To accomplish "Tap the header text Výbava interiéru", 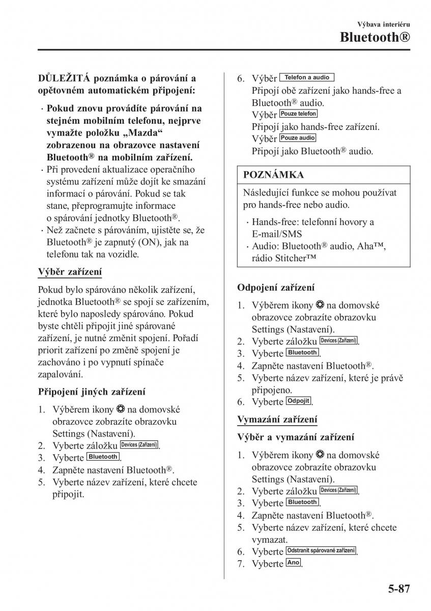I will (x=385, y=24).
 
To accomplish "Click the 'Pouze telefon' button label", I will (x=298, y=114).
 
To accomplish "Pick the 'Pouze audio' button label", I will (x=298, y=138).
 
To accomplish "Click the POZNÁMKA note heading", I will (x=274, y=175).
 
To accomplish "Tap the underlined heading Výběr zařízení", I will (x=70, y=272).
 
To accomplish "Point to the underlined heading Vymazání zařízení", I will (x=277, y=419).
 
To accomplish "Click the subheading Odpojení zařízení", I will (x=276, y=287).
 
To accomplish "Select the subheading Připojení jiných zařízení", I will (x=92, y=392).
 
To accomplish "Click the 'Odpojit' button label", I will (x=298, y=401).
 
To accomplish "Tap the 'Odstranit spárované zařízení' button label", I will (x=321, y=550).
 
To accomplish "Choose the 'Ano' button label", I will (x=293, y=563).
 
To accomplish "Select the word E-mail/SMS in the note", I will (x=276, y=234).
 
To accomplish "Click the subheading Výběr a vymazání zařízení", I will (x=296, y=437).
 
